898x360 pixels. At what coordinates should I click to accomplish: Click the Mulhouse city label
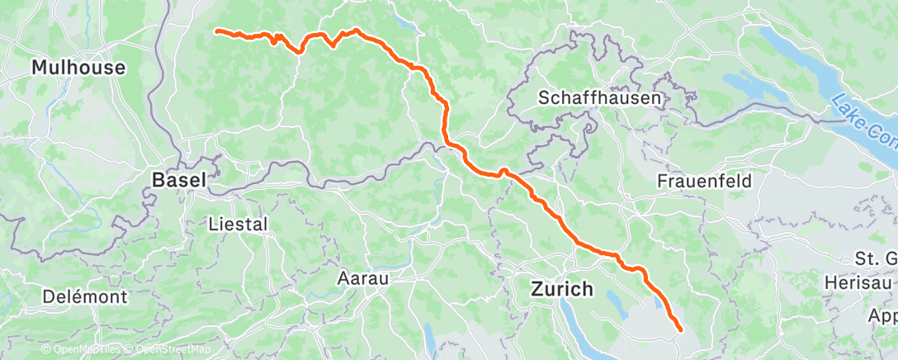78,68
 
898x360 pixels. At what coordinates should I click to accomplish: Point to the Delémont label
86,296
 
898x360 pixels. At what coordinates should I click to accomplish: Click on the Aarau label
363,278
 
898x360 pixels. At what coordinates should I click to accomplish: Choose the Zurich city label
561,290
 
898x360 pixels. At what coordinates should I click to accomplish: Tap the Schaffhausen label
599,97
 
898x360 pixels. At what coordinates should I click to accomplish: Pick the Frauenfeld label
701,180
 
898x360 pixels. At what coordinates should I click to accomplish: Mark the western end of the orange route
217,31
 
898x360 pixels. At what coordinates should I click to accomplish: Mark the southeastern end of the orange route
681,330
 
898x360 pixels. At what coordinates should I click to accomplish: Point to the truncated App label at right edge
884,315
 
